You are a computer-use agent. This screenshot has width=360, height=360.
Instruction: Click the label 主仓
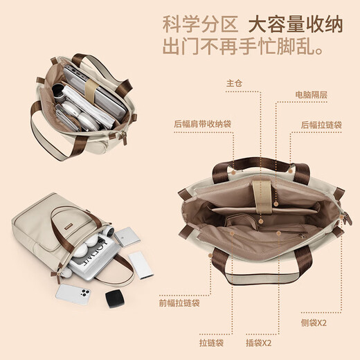click(x=234, y=83)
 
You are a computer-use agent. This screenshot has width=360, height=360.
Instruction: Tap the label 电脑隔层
click(x=312, y=95)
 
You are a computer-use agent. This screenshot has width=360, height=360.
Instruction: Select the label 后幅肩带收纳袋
click(x=202, y=124)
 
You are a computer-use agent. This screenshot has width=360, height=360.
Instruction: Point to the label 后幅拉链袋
click(x=321, y=125)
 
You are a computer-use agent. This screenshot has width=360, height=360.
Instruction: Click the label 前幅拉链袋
click(x=179, y=303)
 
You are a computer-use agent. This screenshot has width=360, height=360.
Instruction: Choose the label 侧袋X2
click(x=314, y=323)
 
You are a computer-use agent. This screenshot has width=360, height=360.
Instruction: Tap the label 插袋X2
click(x=258, y=343)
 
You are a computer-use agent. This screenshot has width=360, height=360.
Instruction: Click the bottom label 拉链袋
click(x=211, y=343)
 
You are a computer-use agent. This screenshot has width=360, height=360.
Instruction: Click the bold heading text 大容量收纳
click(x=296, y=24)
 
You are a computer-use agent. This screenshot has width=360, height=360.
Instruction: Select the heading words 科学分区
click(x=200, y=24)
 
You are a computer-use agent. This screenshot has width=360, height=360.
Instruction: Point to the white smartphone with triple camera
click(x=73, y=294)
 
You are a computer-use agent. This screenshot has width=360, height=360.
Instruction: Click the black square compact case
click(x=115, y=298)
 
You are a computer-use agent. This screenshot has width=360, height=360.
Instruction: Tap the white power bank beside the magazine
click(x=141, y=265)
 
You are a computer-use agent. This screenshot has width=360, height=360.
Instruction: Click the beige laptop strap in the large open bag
click(x=263, y=197)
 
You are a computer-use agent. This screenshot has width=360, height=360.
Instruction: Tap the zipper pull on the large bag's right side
click(x=347, y=218)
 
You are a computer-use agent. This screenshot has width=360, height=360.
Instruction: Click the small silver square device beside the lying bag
click(x=127, y=237)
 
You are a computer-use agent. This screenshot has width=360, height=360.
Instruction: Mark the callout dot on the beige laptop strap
click(x=276, y=204)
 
